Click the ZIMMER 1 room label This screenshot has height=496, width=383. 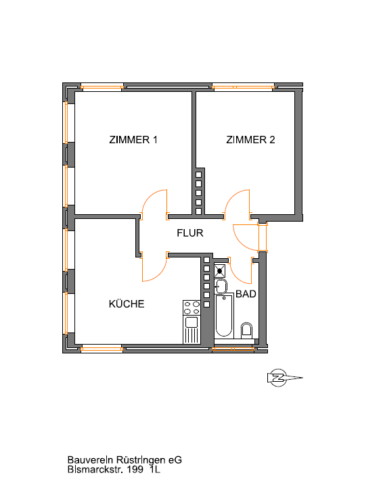pos(133,139)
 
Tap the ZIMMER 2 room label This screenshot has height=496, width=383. pos(250,139)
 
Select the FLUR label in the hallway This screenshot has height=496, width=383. pos(189,233)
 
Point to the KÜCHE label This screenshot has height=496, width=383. pos(127,303)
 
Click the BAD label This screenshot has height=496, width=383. pos(246,294)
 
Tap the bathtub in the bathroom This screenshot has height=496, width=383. pos(224,316)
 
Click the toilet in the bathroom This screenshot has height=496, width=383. pos(246,330)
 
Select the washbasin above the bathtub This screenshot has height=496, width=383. pos(221,287)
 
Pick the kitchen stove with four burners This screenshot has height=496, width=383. pos(191,307)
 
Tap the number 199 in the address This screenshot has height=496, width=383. pos(135,470)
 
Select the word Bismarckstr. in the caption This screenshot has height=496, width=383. pos(95,470)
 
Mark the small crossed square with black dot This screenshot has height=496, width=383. pos(219,271)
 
